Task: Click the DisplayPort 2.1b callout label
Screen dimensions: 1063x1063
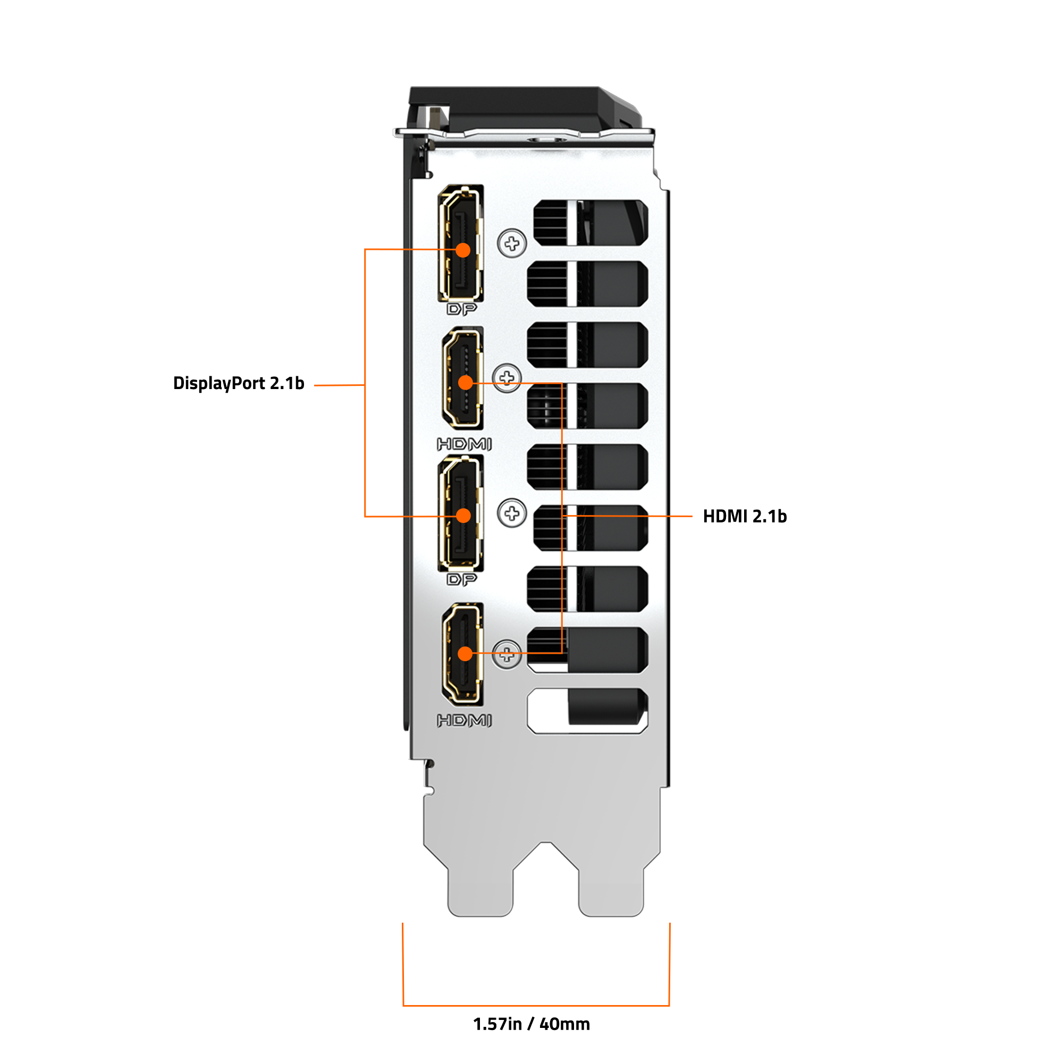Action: (238, 384)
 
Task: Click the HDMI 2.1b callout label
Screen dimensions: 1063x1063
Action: (745, 517)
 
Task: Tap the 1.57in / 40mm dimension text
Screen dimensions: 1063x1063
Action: (531, 1024)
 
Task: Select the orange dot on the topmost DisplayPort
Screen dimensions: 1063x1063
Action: (463, 250)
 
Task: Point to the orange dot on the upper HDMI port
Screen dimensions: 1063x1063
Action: (466, 382)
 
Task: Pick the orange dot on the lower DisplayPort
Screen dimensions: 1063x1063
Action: (464, 516)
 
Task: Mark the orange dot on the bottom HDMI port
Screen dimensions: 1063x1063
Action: (466, 654)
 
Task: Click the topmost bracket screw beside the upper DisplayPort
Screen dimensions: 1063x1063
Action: (512, 243)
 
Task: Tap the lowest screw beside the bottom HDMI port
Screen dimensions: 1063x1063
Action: (507, 655)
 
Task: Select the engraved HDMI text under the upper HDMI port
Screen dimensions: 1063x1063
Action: (465, 444)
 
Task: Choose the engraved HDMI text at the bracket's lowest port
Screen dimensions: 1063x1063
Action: (465, 720)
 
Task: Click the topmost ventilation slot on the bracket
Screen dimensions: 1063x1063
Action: (591, 223)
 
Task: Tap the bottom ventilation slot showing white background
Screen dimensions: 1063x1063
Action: (588, 711)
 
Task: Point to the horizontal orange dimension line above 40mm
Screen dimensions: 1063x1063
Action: (536, 1006)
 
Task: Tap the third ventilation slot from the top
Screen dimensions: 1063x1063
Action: (588, 345)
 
